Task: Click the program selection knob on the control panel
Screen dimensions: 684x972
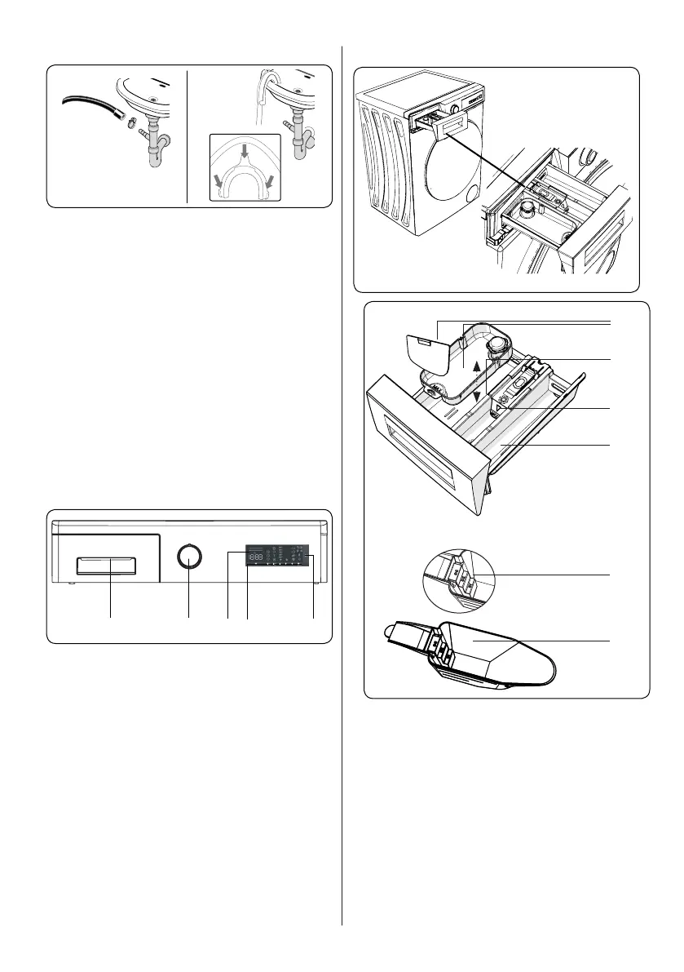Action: click(x=189, y=557)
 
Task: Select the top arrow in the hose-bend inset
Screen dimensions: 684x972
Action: click(x=244, y=149)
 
